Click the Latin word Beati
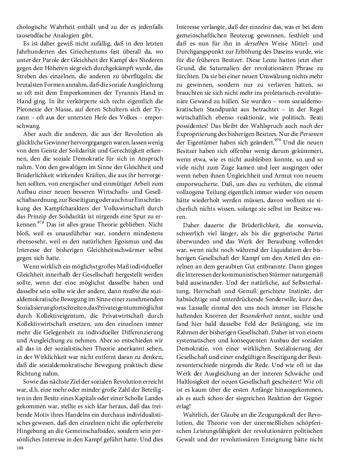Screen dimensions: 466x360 pos(315,117)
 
